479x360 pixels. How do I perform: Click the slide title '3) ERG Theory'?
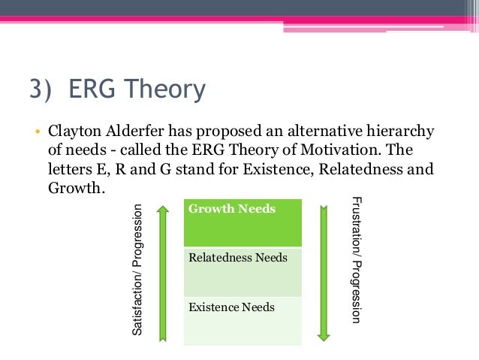coord(116,90)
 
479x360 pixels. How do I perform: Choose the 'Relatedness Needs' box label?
coord(237,258)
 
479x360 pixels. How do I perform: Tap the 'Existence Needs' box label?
coord(231,307)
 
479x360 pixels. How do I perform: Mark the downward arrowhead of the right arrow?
coord(326,335)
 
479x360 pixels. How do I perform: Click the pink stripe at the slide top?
coord(239,19)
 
